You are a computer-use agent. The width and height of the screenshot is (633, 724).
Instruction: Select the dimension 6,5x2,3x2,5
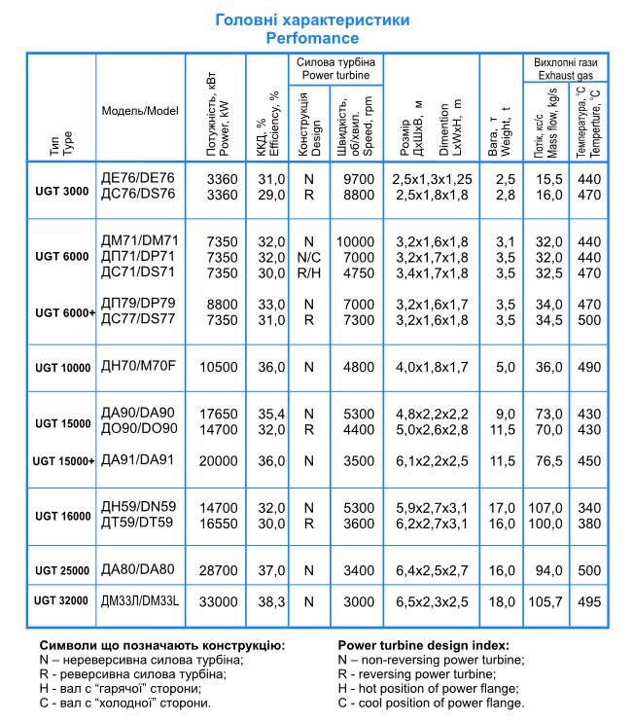click(431, 602)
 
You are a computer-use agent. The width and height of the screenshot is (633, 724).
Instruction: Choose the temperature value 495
click(589, 602)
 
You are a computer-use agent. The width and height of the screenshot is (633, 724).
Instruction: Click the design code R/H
click(308, 272)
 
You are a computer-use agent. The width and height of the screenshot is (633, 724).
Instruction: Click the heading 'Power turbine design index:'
click(423, 645)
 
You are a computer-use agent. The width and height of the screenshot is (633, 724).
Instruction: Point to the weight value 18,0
click(502, 602)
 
